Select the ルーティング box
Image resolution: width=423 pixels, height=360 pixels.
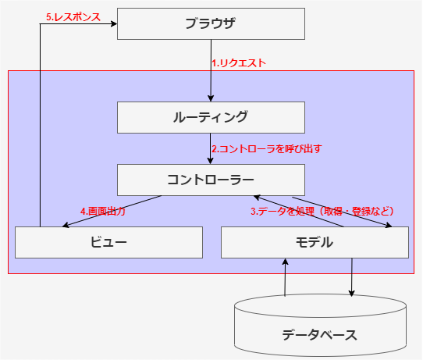pyautogui.click(x=211, y=117)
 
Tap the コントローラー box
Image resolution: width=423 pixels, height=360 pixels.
pyautogui.click(x=211, y=180)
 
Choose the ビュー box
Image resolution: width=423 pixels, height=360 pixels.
pyautogui.click(x=108, y=242)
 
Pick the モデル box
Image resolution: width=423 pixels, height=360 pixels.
pyautogui.click(x=315, y=242)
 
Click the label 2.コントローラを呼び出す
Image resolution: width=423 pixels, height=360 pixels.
pyautogui.click(x=266, y=148)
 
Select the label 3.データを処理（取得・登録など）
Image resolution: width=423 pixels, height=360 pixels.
pyautogui.click(x=322, y=211)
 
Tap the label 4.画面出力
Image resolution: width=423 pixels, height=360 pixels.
pyautogui.click(x=102, y=211)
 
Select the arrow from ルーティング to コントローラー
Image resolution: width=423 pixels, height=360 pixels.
pyautogui.click(x=211, y=148)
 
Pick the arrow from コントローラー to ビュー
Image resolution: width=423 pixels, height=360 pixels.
pyautogui.click(x=109, y=211)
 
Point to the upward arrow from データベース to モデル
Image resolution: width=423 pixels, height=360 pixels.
pyautogui.click(x=286, y=277)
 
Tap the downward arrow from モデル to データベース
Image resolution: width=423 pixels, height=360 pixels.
pyautogui.click(x=352, y=277)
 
